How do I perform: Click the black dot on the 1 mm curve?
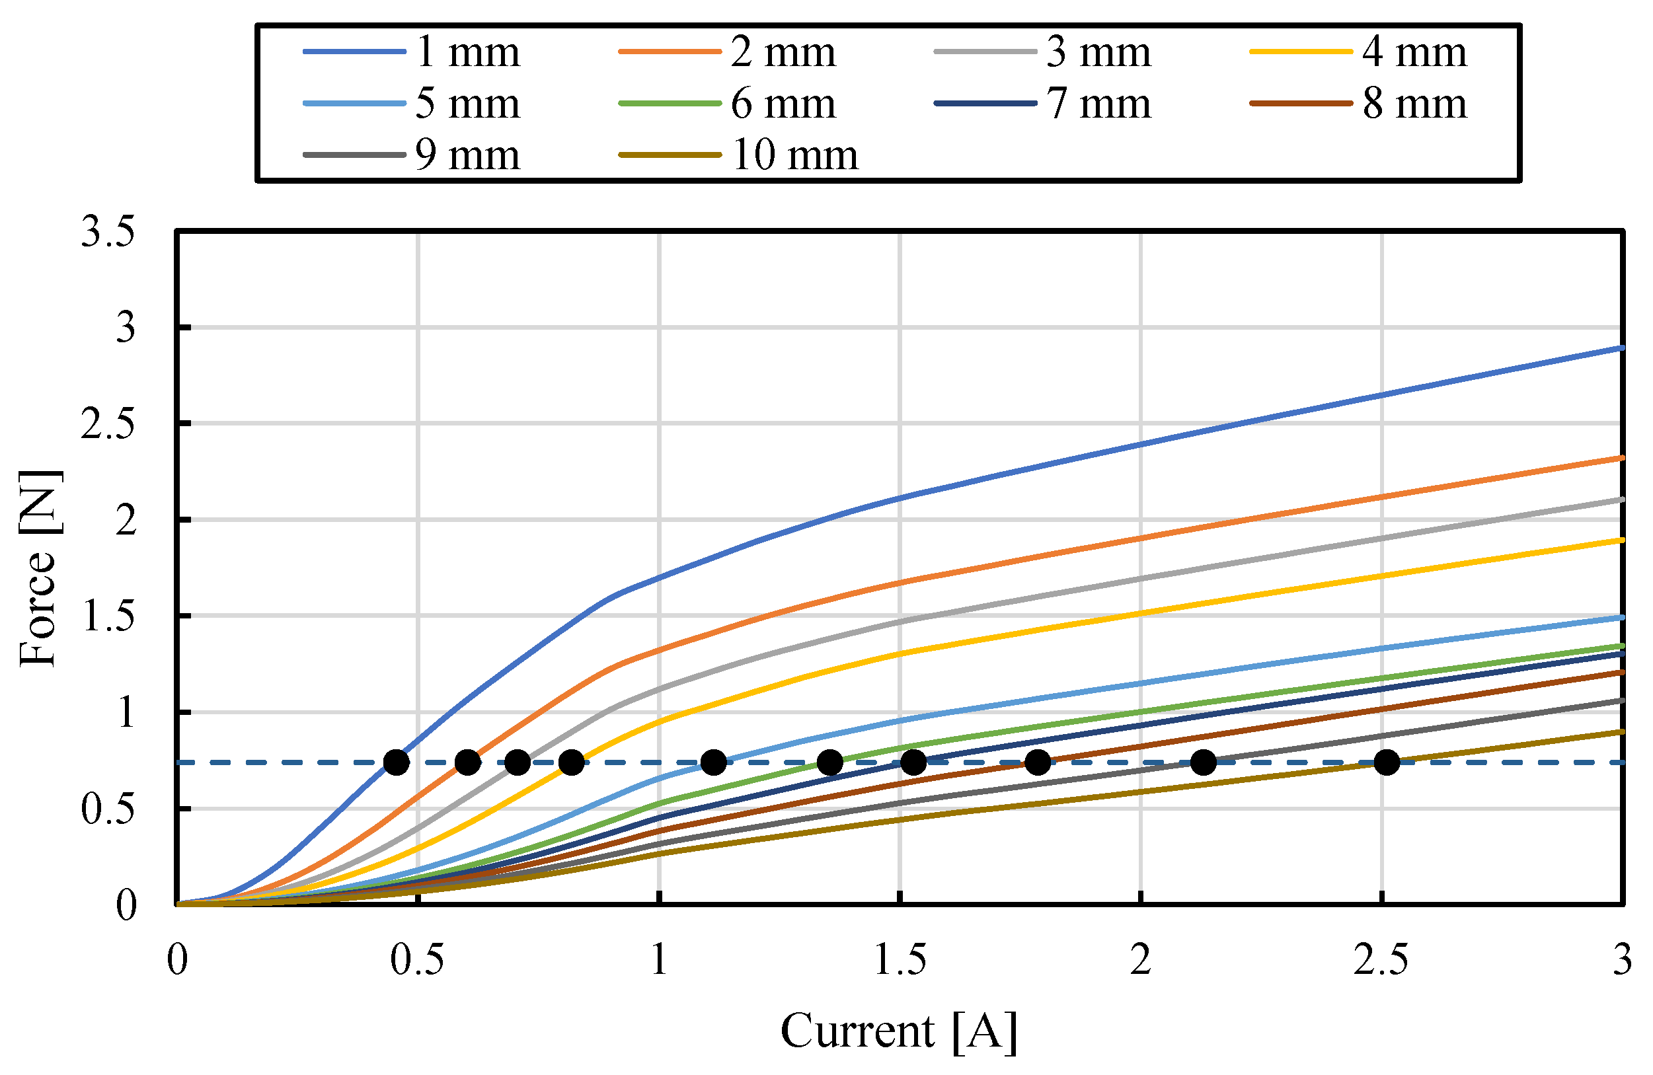coord(396,762)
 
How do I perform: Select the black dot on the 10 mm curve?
coord(1386,762)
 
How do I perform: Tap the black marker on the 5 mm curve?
coord(713,762)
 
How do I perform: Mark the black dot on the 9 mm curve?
coord(1203,762)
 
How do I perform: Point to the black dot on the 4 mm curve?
coord(571,762)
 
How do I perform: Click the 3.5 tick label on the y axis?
coord(108,232)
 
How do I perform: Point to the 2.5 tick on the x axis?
coord(1381,961)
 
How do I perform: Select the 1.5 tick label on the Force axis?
coord(108,616)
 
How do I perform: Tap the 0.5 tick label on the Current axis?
coord(417,961)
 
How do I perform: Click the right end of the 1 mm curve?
coord(1621,348)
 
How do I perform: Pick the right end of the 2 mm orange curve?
coord(1621,459)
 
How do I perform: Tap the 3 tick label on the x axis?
coord(1622,961)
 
